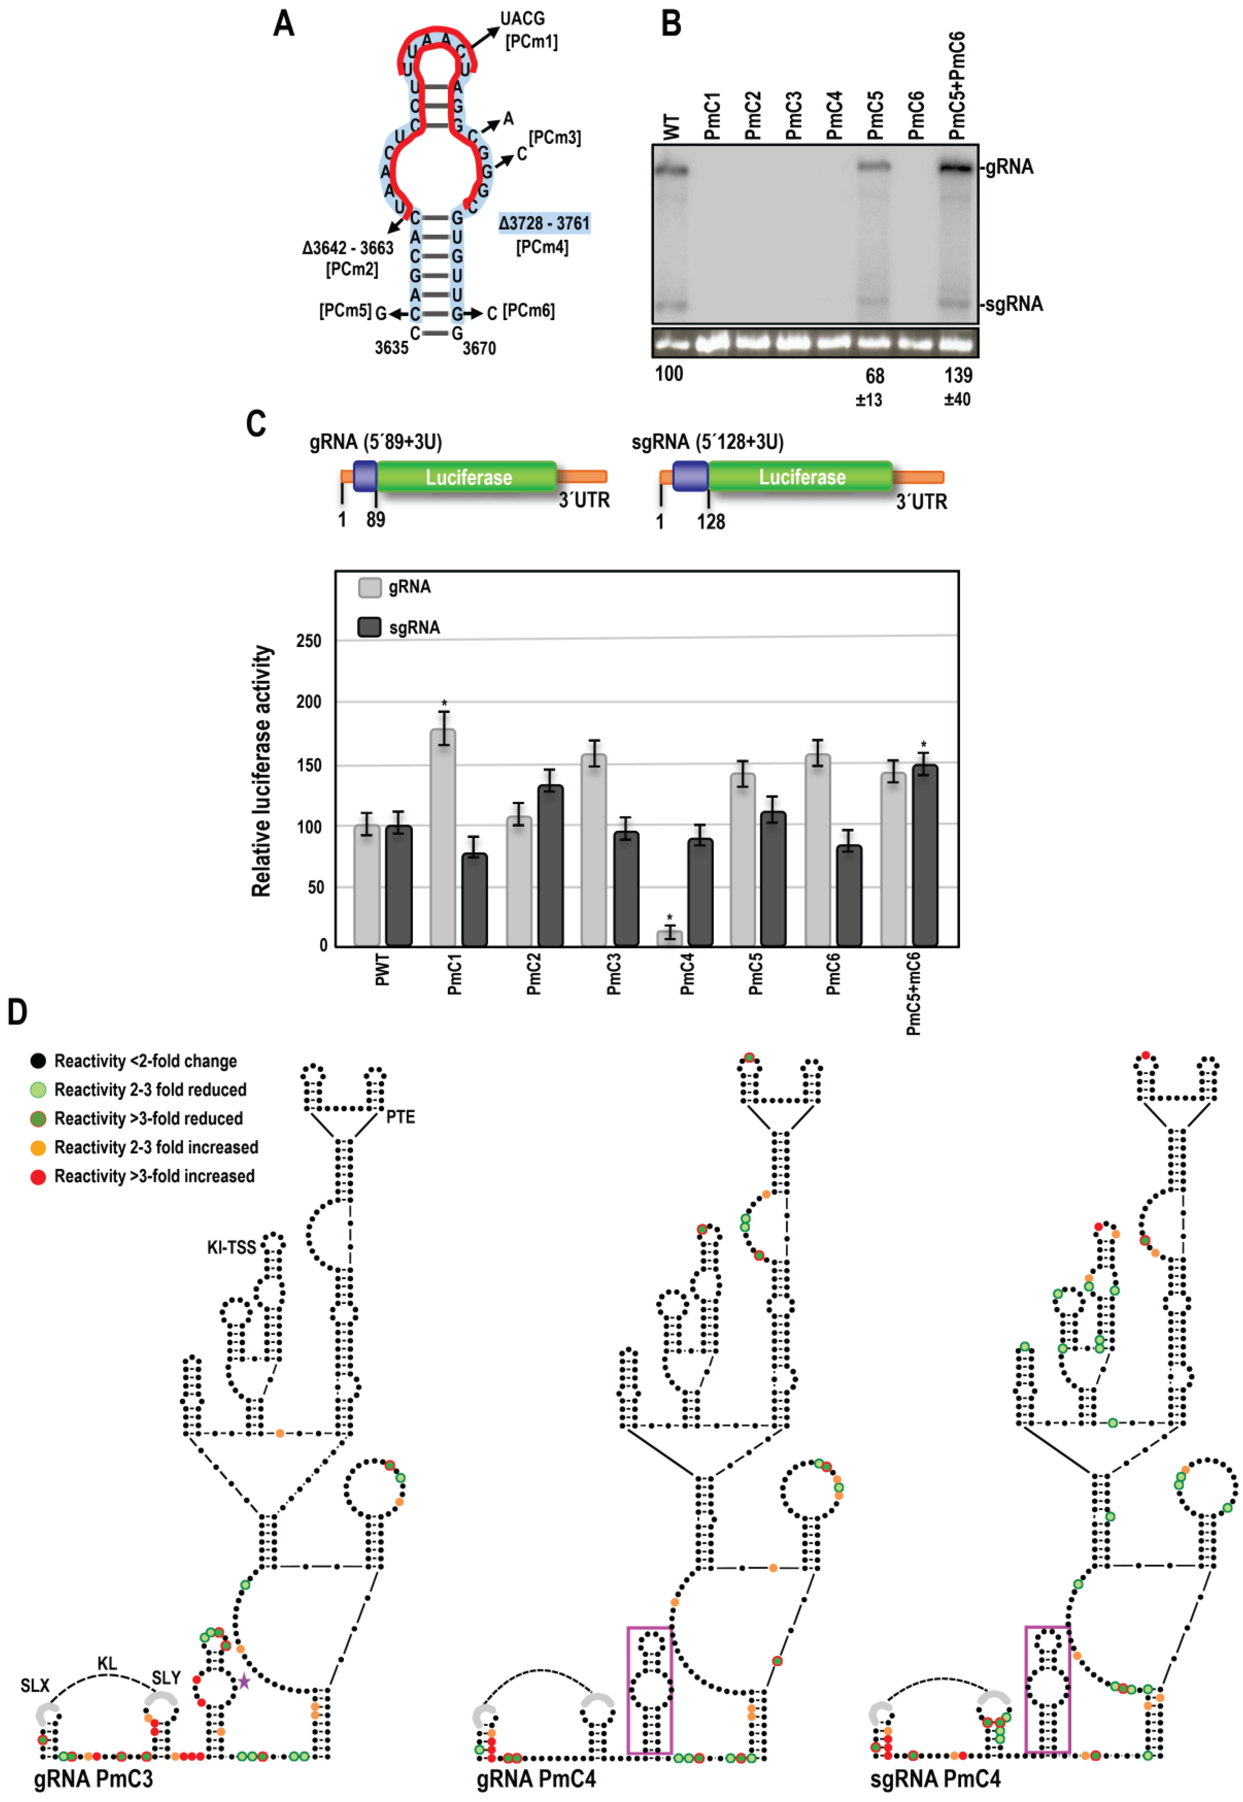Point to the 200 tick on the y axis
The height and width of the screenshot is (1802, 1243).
[x=308, y=702]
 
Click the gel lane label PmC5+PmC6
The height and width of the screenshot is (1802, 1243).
[x=957, y=86]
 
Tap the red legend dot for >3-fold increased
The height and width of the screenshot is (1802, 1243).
[x=37, y=1176]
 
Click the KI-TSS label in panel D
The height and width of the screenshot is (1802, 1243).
[x=231, y=1247]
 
